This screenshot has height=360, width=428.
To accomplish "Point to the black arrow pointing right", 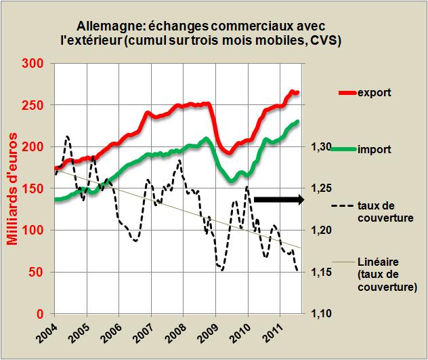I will [279, 199].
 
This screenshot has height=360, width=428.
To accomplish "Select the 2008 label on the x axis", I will [176, 334].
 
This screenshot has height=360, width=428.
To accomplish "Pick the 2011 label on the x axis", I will [273, 334].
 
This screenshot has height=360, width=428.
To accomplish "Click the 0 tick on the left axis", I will [43, 314].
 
